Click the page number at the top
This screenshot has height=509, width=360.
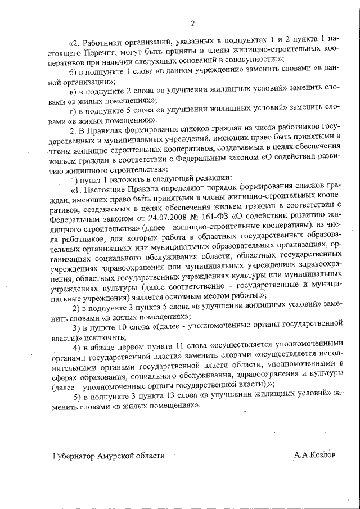192,23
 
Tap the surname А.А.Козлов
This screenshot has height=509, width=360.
314,455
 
